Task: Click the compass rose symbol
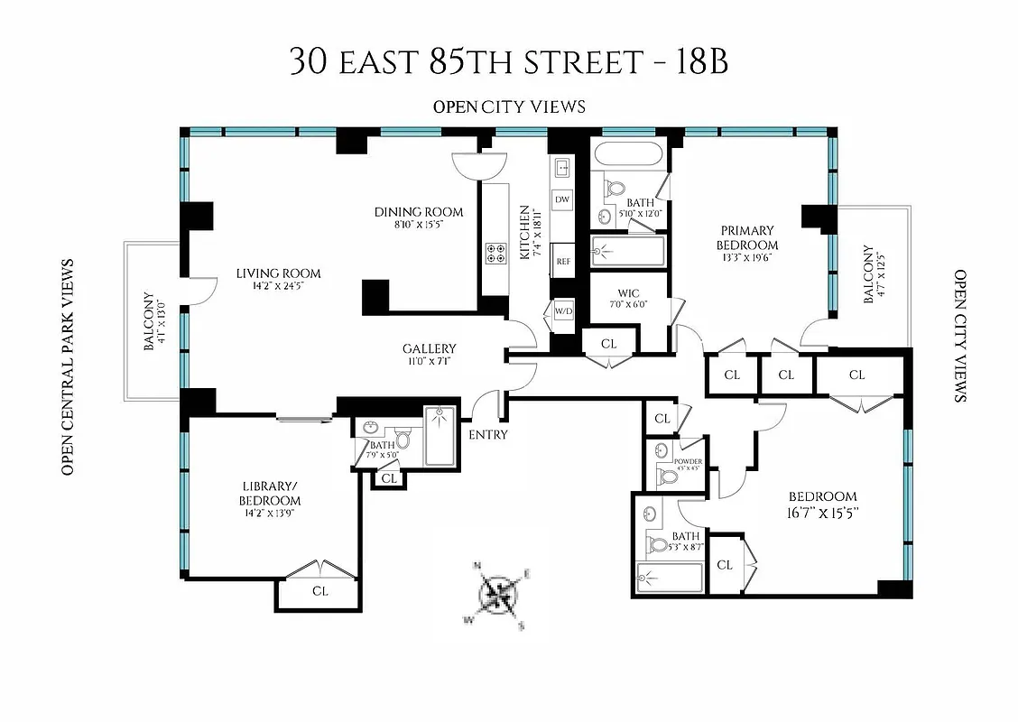click(497, 595)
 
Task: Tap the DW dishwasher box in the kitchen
click(562, 199)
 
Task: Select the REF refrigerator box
click(563, 261)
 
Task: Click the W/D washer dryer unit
click(563, 311)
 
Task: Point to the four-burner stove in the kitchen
click(496, 253)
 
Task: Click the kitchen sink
click(561, 168)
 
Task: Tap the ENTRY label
click(487, 435)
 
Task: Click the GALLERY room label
click(429, 348)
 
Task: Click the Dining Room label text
click(419, 212)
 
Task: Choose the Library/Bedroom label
click(269, 494)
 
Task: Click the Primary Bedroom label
click(747, 237)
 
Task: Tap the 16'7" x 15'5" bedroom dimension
click(822, 515)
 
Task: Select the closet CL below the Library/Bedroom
click(319, 592)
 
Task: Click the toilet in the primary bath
click(615, 189)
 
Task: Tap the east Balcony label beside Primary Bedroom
click(868, 274)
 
